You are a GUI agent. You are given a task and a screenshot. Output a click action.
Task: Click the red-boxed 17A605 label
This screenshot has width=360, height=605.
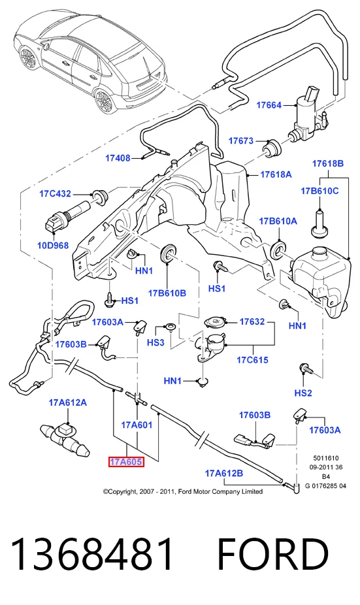pos(126,461)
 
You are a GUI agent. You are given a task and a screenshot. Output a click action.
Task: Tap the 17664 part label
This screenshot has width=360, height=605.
pos(269,105)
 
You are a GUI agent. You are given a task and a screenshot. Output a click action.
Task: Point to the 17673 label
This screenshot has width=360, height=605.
pos(241,140)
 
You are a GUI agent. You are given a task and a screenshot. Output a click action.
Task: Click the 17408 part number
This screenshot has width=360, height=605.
pos(118,158)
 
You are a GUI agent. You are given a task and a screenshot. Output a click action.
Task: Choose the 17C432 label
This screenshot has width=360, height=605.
pos(55,193)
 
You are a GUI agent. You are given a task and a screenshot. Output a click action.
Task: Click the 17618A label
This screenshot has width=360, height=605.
pos(276,174)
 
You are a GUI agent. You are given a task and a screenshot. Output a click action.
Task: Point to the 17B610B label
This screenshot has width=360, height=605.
pos(167,293)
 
